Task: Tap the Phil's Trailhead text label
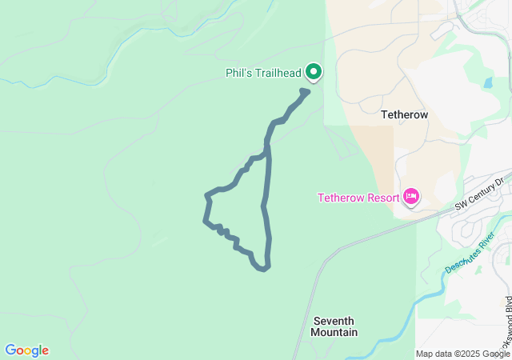263,74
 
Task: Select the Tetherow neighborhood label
404,114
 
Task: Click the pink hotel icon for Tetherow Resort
411,196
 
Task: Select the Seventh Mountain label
334,326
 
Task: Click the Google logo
26,350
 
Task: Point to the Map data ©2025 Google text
460,354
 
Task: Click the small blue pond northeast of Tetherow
488,82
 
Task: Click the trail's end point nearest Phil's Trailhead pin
306,91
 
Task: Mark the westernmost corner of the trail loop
206,221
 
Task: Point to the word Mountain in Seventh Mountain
334,332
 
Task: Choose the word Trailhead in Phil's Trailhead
276,74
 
